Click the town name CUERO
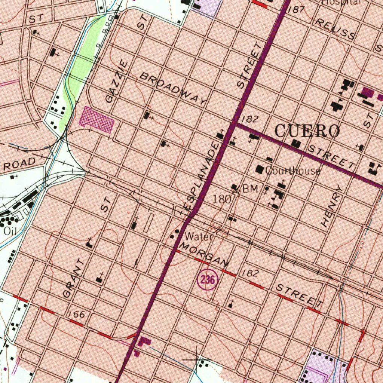click(307, 131)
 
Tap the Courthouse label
click(293, 171)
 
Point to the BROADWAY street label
click(173, 88)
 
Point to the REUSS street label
click(335, 29)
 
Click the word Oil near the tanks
click(9, 231)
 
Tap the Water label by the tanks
click(199, 237)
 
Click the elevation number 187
click(297, 9)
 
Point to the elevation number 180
click(222, 199)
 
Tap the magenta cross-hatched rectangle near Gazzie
click(97, 120)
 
